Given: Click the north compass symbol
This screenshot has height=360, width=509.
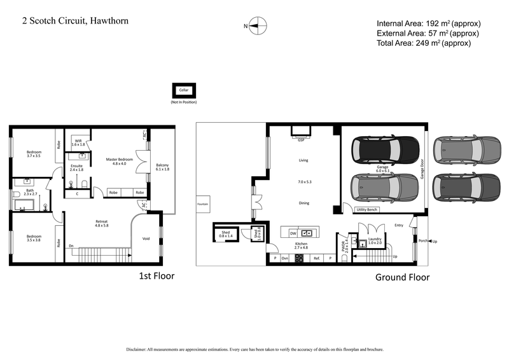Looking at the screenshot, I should click(x=257, y=26).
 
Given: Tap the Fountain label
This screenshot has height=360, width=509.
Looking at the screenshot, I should click(x=202, y=204).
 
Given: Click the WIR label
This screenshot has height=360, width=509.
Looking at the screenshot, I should click(x=78, y=141).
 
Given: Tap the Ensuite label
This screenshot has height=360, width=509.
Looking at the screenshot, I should click(x=76, y=167).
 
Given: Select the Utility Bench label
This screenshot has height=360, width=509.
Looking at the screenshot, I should click(x=367, y=209).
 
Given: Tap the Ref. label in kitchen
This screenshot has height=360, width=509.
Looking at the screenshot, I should click(x=316, y=258).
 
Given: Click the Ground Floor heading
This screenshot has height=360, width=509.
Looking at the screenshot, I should click(x=402, y=277).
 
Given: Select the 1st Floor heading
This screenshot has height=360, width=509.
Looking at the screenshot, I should click(x=157, y=276).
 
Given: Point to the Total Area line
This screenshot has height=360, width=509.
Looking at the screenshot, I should click(x=423, y=43).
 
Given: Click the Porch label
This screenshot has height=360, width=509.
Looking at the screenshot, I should click(x=422, y=242).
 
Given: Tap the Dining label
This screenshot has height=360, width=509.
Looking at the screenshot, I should click(x=303, y=203).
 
